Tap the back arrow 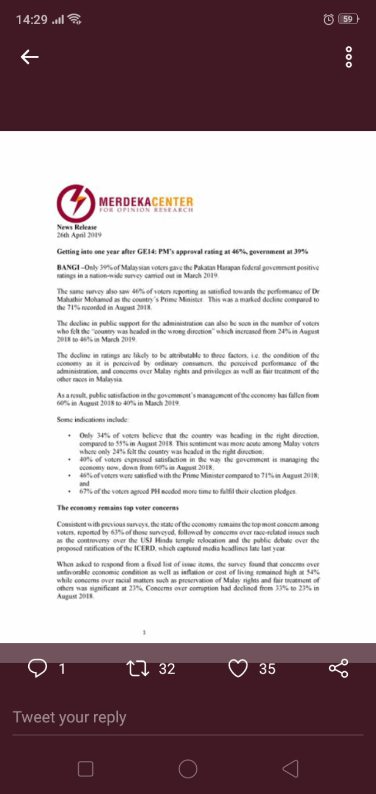coord(29,56)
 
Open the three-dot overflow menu coord(349,56)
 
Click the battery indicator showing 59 coord(348,19)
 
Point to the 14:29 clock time coord(32,19)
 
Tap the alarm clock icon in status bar coord(328,19)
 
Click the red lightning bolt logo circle coord(76,203)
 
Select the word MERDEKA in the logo coord(125,203)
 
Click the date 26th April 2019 coord(80,235)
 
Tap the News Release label coord(77,227)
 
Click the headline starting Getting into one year coord(182,252)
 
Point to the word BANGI coord(68,268)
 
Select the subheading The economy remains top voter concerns coord(117,507)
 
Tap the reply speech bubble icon coord(38,668)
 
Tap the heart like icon coord(238,668)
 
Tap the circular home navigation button coord(188,769)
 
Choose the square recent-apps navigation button coord(86,769)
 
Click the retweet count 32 coord(167,669)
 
